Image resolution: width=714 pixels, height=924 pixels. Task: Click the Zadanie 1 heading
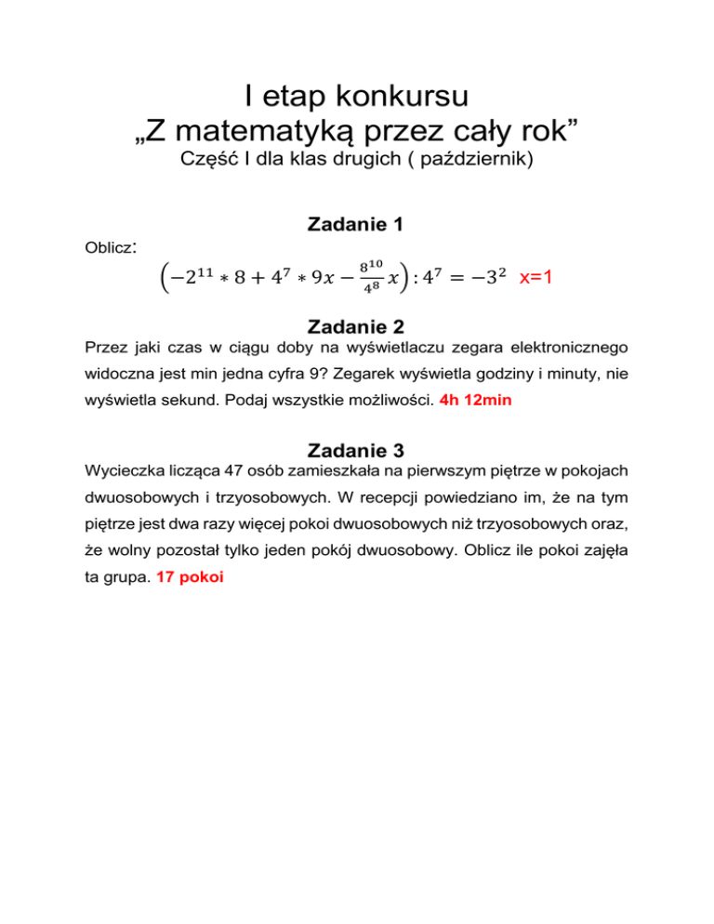pyautogui.click(x=356, y=225)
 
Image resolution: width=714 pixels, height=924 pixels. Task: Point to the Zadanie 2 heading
pyautogui.click(x=356, y=324)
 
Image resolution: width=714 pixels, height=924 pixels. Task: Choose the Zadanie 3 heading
pyautogui.click(x=356, y=452)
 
